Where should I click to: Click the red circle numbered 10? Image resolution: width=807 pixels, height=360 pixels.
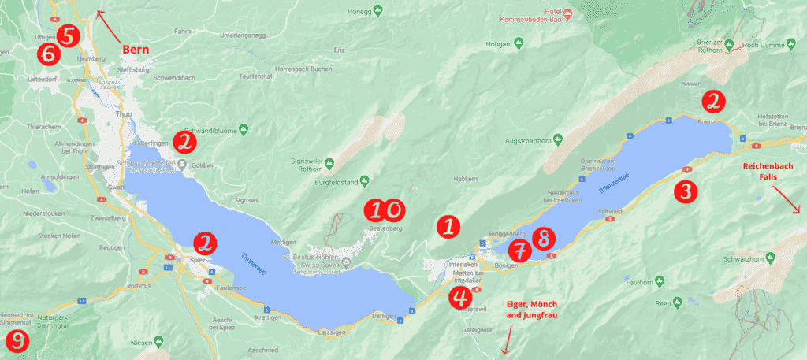click(384, 210)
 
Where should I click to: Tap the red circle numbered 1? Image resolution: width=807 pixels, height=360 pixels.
click(448, 227)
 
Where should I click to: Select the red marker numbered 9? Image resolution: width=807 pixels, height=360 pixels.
click(16, 341)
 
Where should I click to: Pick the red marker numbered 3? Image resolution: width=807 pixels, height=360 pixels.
click(685, 191)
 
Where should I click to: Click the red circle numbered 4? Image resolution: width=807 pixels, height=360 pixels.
click(459, 297)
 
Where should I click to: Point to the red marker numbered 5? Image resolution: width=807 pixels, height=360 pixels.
click(68, 35)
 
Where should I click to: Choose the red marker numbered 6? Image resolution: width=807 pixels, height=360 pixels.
click(48, 54)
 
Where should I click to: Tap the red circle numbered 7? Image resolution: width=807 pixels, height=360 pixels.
click(519, 251)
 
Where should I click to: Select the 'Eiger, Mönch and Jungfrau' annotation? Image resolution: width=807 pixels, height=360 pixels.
click(530, 310)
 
